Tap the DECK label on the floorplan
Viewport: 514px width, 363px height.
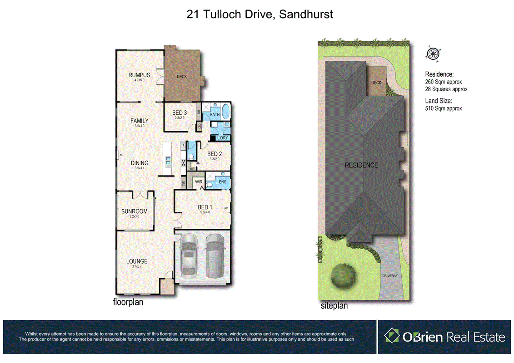pyautogui.click(x=182, y=77)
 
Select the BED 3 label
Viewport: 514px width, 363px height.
pyautogui.click(x=180, y=113)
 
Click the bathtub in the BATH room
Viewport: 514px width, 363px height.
pyautogui.click(x=226, y=112)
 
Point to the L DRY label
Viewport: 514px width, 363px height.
pyautogui.click(x=223, y=137)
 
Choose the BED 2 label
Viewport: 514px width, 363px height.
pyautogui.click(x=214, y=154)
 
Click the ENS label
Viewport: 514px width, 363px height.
pyautogui.click(x=222, y=182)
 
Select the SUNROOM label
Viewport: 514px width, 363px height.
pyautogui.click(x=134, y=211)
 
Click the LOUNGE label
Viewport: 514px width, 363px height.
pyautogui.click(x=137, y=261)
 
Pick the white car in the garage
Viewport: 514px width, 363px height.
pyautogui.click(x=188, y=257)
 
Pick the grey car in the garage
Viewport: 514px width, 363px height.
pyautogui.click(x=213, y=256)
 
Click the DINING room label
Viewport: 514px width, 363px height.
pyautogui.click(x=140, y=163)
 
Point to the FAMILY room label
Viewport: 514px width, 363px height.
pyautogui.click(x=140, y=121)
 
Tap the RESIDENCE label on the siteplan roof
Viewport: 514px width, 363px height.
pyautogui.click(x=361, y=165)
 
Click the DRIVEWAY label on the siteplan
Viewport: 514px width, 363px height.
pyautogui.click(x=389, y=275)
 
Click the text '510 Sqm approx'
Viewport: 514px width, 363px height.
pyautogui.click(x=444, y=108)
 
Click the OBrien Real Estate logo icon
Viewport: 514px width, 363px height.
pyautogui.click(x=391, y=336)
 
